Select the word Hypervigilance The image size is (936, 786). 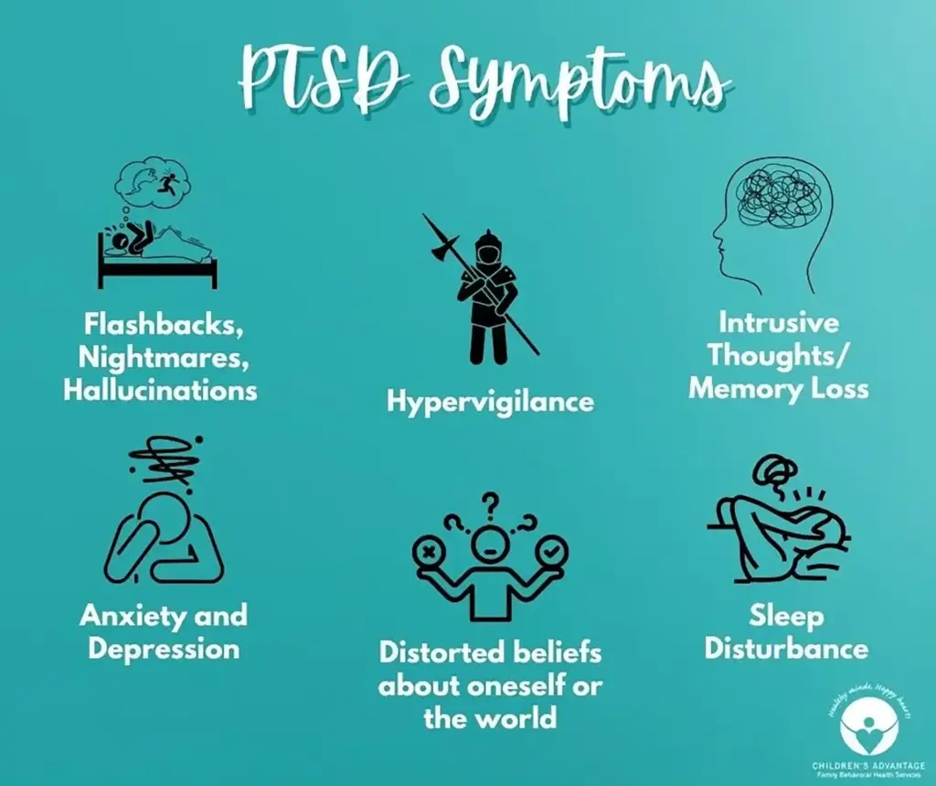click(490, 401)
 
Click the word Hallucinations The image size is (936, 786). click(160, 389)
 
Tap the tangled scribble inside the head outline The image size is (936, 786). click(775, 190)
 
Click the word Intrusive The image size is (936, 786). click(779, 323)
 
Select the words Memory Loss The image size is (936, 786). click(779, 388)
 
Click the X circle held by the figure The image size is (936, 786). click(426, 552)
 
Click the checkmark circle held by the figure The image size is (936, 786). click(553, 552)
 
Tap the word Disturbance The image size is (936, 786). click(786, 649)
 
